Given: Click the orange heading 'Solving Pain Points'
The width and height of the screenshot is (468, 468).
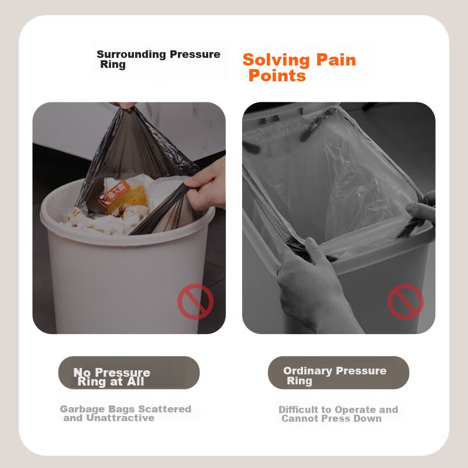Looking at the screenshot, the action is pos(300,67).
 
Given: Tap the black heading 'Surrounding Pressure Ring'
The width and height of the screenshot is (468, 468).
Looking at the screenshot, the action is pos(159,59).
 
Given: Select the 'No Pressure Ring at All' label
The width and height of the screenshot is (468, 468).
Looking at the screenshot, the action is pos(112,377).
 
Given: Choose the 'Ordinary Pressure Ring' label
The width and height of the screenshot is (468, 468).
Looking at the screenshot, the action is pos(335,376).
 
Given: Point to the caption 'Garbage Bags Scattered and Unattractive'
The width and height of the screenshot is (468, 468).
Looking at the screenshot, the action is pos(126,413).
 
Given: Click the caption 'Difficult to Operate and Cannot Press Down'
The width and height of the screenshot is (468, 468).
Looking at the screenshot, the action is pos(338,414).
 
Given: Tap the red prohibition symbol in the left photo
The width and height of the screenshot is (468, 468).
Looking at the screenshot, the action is pos(195,301).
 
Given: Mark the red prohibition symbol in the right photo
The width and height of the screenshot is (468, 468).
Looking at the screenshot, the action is pos(405,301).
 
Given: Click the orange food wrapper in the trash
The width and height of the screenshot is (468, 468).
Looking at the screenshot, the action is pos(114,193).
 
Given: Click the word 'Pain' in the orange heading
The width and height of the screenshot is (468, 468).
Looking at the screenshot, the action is pos(336,60).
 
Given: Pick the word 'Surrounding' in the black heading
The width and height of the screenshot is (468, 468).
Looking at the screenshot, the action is pos(131,54).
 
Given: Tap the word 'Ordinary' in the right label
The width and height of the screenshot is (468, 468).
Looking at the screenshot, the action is pos(308,371).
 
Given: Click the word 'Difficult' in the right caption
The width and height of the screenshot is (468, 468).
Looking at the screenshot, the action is pos(298,409).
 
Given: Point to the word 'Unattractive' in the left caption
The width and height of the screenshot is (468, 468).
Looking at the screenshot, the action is pos(121,418).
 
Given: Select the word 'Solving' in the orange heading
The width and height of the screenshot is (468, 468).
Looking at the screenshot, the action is pos(276,60).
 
